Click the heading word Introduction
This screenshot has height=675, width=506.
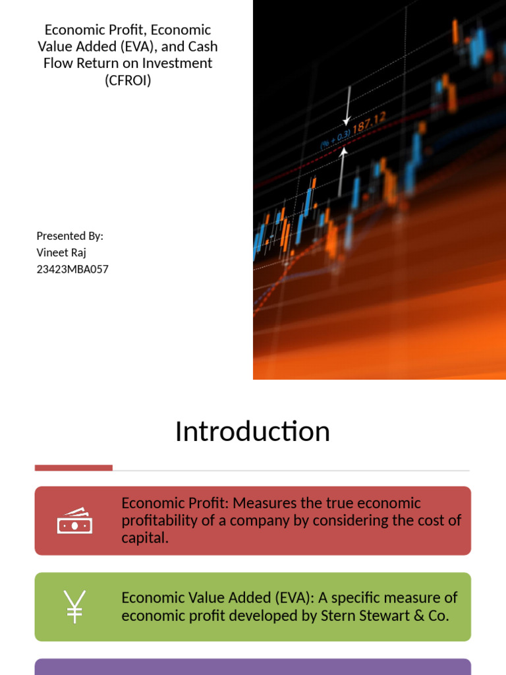252,432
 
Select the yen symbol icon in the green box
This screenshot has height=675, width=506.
74,606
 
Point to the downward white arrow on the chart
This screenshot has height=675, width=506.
347,105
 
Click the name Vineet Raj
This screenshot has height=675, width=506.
61,252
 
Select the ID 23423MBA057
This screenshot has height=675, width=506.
72,269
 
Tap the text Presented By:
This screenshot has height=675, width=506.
70,236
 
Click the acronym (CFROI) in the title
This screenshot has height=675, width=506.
128,81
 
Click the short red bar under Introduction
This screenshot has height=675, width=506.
73,468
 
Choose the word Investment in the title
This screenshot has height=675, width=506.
177,64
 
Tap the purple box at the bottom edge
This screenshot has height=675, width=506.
252,666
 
